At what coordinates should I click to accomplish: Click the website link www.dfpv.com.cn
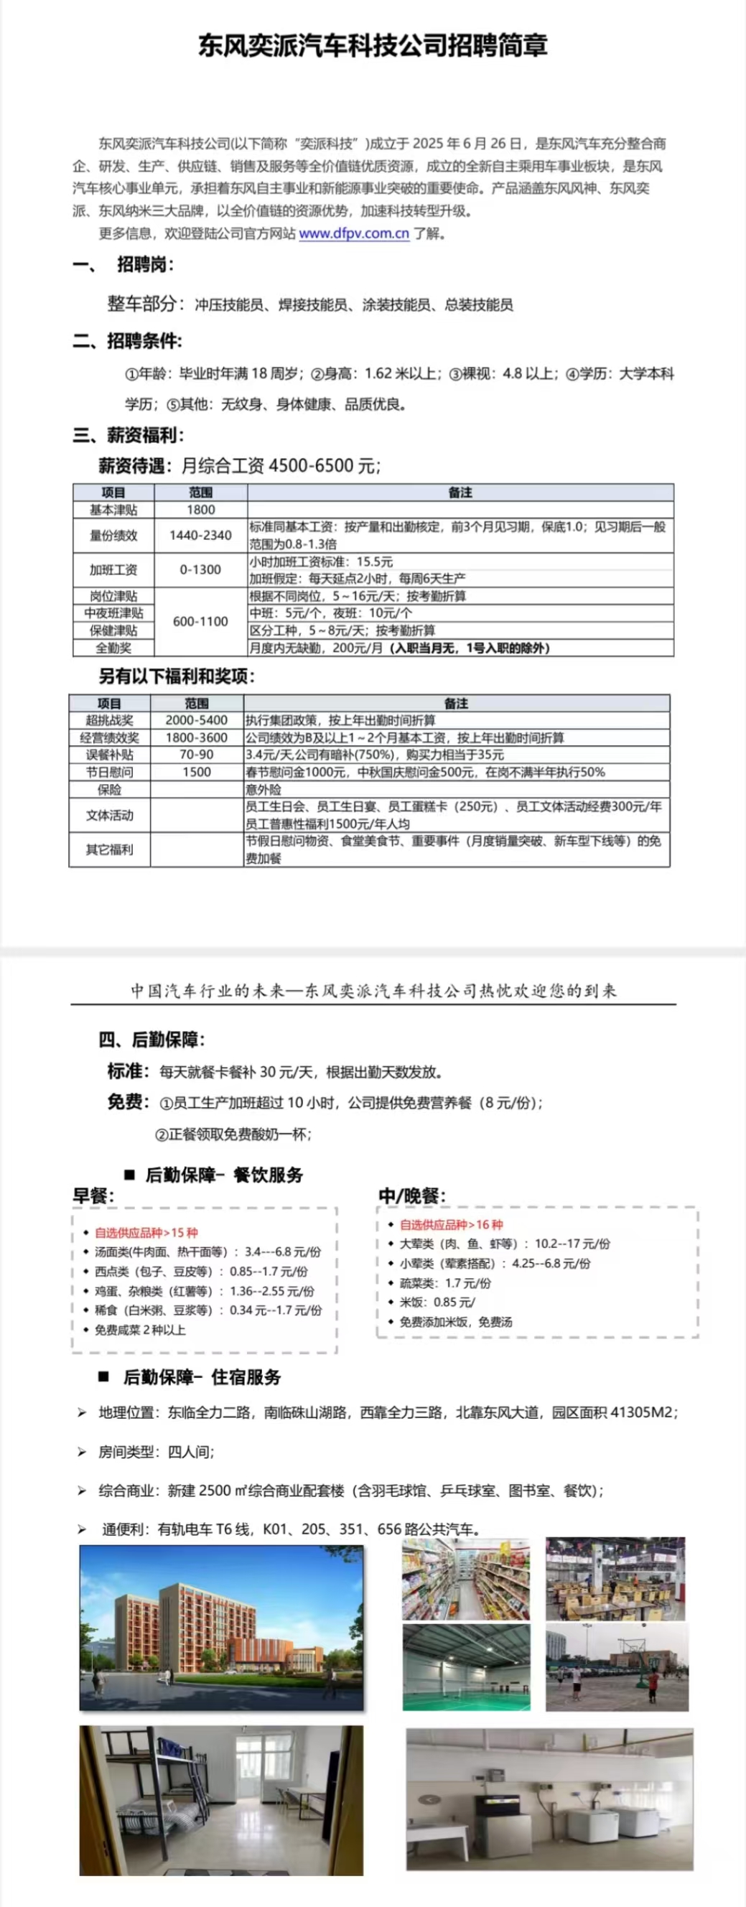(x=354, y=234)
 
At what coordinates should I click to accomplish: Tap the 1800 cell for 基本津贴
(x=200, y=510)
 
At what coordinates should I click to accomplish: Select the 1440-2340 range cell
(x=200, y=535)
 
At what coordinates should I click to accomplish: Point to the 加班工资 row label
(x=113, y=570)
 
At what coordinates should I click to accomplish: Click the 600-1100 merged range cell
(x=200, y=622)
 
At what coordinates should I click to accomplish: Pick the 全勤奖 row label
(x=113, y=648)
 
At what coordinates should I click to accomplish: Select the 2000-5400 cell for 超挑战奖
(x=196, y=720)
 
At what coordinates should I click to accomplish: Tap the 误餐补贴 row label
(x=110, y=755)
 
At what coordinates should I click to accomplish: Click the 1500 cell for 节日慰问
(x=196, y=772)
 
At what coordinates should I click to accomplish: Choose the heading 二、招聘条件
(x=127, y=341)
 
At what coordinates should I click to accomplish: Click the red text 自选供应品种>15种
(x=146, y=1233)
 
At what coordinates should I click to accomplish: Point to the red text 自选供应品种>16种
(x=451, y=1225)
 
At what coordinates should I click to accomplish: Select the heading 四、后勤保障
(x=151, y=1040)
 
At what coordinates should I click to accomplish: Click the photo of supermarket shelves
(x=466, y=1579)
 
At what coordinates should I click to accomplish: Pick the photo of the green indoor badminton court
(x=466, y=1668)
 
